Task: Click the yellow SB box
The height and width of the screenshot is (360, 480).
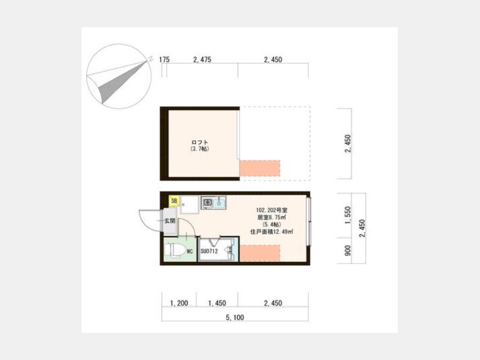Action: (174, 201)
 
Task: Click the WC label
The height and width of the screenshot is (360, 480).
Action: (190, 252)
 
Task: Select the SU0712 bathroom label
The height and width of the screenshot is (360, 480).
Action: (209, 251)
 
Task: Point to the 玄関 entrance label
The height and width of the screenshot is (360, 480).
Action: (170, 220)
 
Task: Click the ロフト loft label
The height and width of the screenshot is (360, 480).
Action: (200, 142)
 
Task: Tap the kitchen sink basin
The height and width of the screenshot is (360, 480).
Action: (219, 202)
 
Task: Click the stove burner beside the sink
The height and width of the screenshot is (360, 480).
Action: (207, 202)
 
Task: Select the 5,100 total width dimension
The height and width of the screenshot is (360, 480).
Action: (235, 317)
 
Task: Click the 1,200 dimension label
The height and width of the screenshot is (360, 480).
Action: (179, 303)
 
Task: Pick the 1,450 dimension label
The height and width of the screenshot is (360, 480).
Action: (217, 303)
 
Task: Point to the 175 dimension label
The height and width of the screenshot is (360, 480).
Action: (164, 59)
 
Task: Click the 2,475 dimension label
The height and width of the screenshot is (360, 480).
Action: (202, 59)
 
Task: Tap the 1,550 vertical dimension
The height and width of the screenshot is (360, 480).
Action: (348, 215)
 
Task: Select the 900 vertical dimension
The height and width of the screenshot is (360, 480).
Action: (348, 251)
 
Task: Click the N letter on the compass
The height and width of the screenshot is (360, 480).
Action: (150, 59)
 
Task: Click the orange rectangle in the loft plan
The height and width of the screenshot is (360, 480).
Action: (260, 168)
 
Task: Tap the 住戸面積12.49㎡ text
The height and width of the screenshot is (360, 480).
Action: (272, 232)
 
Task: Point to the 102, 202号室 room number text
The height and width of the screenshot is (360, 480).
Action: (272, 210)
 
